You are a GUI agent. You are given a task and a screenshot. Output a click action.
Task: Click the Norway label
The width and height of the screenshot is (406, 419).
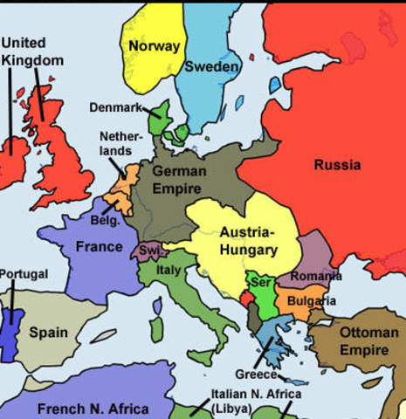[x=154, y=45]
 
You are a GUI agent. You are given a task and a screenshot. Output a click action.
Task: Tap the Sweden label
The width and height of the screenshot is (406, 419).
[x=211, y=67]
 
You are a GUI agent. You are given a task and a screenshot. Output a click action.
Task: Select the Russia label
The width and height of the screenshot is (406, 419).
[x=336, y=163]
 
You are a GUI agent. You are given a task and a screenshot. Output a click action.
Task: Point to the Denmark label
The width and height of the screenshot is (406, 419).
[x=115, y=107]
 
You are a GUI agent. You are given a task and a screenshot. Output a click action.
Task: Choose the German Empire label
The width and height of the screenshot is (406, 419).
[x=179, y=178]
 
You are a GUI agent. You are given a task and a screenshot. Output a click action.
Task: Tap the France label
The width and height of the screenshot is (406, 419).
[x=99, y=246]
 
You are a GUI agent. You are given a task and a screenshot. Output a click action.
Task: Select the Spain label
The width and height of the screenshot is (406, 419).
[x=48, y=332]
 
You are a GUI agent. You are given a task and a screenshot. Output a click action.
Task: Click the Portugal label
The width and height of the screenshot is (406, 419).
[x=24, y=274]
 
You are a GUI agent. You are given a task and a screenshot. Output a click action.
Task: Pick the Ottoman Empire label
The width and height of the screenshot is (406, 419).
[x=368, y=341]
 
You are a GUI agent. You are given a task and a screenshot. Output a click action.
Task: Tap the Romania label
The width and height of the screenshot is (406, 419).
[x=316, y=276]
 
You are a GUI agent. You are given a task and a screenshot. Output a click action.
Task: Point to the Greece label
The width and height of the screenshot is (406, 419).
[x=256, y=374]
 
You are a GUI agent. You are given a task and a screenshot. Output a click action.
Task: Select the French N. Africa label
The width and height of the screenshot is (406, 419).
[x=93, y=408]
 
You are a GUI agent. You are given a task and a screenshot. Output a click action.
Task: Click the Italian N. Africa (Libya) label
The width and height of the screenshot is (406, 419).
[x=244, y=401]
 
